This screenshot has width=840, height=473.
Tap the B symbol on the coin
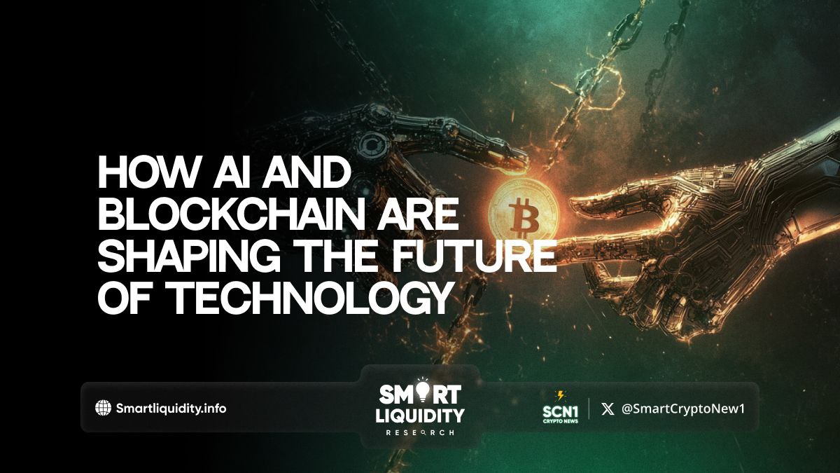tap(524, 218)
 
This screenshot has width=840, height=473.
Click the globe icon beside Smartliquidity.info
tap(103, 408)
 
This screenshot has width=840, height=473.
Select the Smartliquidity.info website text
tap(171, 409)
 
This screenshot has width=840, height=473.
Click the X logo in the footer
tap(608, 409)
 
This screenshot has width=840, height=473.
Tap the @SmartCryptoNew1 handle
tap(683, 409)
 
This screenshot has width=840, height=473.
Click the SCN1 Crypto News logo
tap(561, 408)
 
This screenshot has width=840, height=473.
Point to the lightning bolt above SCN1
tap(561, 395)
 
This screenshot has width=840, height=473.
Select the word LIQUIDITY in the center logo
tap(420, 416)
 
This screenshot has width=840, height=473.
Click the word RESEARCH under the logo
tap(421, 433)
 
